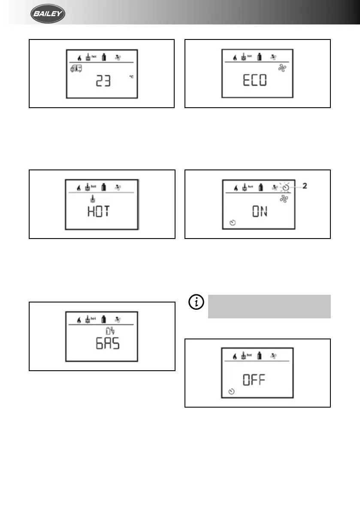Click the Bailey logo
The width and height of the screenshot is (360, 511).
(x=48, y=15)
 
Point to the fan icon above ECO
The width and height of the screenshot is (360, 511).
(x=282, y=69)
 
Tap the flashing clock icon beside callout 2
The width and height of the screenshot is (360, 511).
(x=286, y=187)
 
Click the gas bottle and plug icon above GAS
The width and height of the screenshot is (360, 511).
(x=111, y=331)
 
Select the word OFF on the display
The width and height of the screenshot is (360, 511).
(x=255, y=380)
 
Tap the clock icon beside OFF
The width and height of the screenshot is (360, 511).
(x=232, y=392)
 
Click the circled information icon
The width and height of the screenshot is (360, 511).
(x=197, y=302)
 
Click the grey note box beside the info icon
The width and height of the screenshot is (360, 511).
(x=269, y=306)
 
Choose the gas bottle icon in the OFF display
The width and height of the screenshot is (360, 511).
(x=259, y=356)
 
